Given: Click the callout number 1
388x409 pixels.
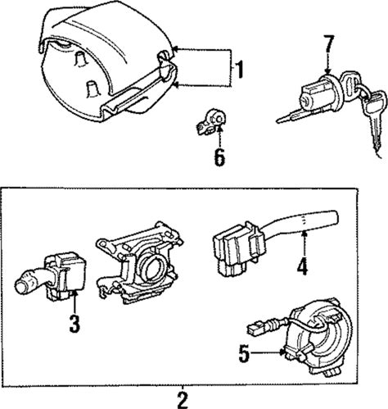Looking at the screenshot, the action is pos(239,70).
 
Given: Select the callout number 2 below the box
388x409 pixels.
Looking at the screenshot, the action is pos(183,400).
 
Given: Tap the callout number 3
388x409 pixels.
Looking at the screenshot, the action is pos(74,324).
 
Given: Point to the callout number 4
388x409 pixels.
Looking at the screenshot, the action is pos(303,266).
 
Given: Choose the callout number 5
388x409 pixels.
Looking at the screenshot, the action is pos(244,354).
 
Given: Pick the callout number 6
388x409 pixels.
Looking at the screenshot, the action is pos(219,157).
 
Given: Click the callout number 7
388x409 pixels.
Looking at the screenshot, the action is pos(328,44).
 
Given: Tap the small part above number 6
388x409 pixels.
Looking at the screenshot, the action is pos(211,121).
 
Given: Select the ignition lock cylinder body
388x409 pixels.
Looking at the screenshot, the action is pos(318,95).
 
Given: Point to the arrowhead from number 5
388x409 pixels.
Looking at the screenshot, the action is pos(282,352).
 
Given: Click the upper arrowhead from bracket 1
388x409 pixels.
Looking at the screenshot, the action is pos(176,50).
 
